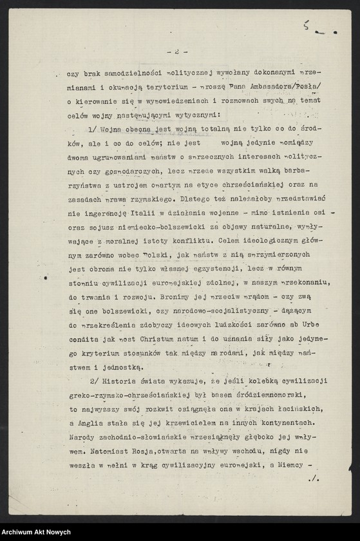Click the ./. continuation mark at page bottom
pos(314,479)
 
